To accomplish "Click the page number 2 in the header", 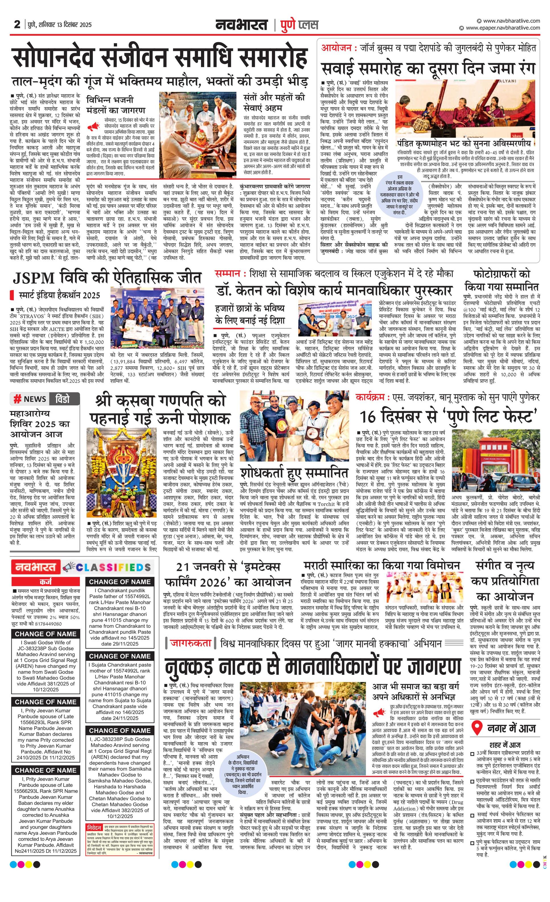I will pyautogui.click(x=17, y=25).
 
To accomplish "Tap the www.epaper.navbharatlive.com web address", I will pyautogui.click(x=503, y=28).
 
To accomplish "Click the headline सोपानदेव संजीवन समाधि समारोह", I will pyautogui.click(x=159, y=57).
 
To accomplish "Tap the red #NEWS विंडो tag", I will pyautogui.click(x=45, y=399).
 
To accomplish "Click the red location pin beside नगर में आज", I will pyautogui.click(x=476, y=729).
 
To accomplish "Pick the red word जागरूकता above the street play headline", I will pyautogui.click(x=190, y=643).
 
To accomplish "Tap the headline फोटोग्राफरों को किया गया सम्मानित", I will pyautogui.click(x=502, y=280).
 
